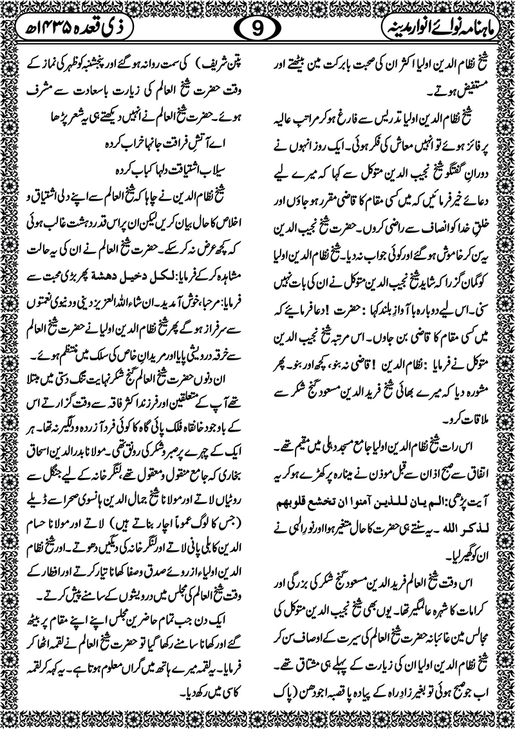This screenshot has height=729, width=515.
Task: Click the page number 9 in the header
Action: (x=257, y=29)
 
